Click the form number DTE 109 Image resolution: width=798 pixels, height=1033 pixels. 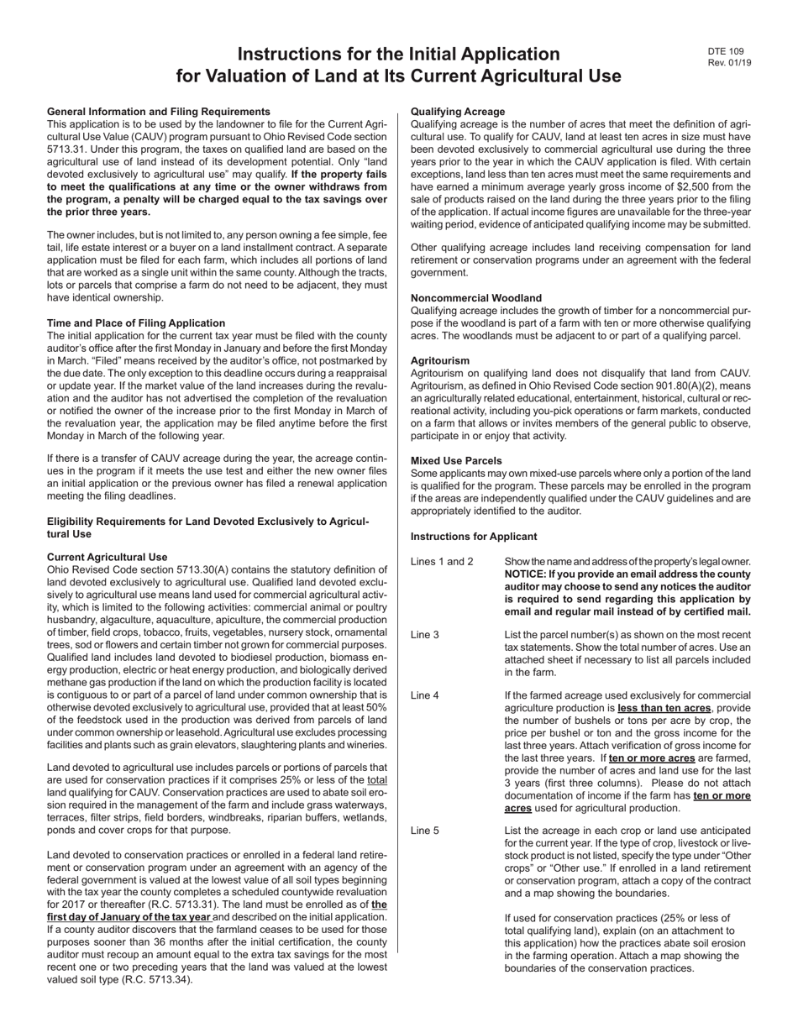click(725, 51)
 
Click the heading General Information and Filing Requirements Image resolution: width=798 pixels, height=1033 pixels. click(158, 112)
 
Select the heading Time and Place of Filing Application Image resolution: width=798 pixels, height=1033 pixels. click(135, 323)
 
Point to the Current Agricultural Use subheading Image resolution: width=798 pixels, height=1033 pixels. click(107, 557)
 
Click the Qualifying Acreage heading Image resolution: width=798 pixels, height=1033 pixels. click(458, 112)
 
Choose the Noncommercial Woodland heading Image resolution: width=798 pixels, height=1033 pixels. click(475, 298)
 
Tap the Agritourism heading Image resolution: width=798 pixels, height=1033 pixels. click(440, 359)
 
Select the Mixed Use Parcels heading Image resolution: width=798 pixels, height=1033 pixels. click(456, 461)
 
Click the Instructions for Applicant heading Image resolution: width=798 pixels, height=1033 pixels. click(474, 537)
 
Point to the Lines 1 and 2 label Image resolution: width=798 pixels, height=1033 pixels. click(442, 562)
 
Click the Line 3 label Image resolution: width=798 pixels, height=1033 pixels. click(425, 635)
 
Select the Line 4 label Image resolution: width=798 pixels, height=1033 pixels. click(425, 695)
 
